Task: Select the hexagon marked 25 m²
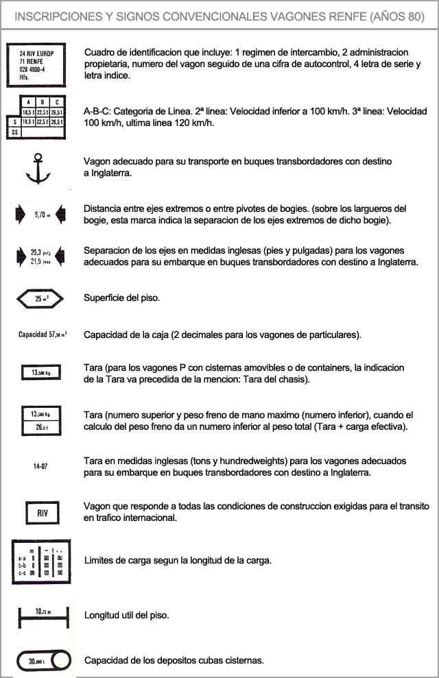39,298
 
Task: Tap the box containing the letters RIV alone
39,512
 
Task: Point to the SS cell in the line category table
14,132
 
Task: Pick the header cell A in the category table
29,101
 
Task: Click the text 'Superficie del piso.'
121,298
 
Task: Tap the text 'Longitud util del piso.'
126,615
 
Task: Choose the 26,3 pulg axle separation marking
41,253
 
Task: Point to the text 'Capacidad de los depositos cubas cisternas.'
174,660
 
